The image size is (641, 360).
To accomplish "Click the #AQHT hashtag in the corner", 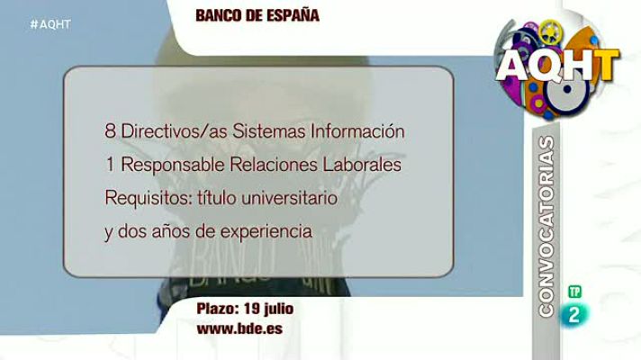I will tap(50, 24).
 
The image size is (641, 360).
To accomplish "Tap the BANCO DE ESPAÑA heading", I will tap(257, 15).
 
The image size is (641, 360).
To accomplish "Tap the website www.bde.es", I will tap(239, 328).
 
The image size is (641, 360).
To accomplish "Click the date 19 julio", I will tap(266, 310).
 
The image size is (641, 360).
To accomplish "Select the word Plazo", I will tap(217, 310).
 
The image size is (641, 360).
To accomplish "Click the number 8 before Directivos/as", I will tap(109, 131).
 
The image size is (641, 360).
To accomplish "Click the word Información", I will tap(357, 131).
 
